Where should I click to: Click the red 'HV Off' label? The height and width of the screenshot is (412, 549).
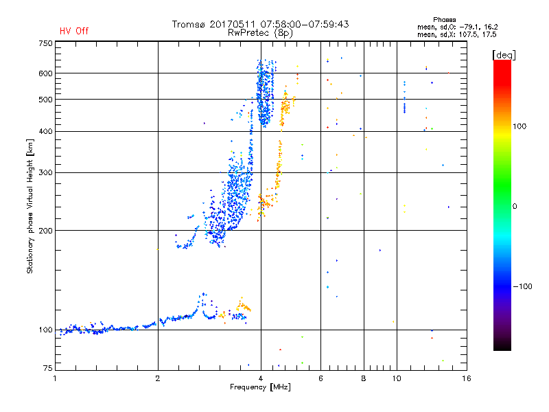click(73, 31)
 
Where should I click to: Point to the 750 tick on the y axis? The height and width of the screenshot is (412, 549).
click(45, 43)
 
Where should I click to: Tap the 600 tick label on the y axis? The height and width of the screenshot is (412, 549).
click(45, 73)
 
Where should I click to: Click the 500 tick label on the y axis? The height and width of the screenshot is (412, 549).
click(45, 100)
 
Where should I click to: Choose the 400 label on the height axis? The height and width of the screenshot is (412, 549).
click(45, 131)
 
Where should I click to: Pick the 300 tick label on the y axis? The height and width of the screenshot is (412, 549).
click(45, 172)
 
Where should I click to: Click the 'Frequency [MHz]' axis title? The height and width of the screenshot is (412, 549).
click(260, 387)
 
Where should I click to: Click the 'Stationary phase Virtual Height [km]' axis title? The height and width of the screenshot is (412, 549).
click(30, 207)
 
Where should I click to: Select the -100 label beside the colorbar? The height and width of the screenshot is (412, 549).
click(522, 286)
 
